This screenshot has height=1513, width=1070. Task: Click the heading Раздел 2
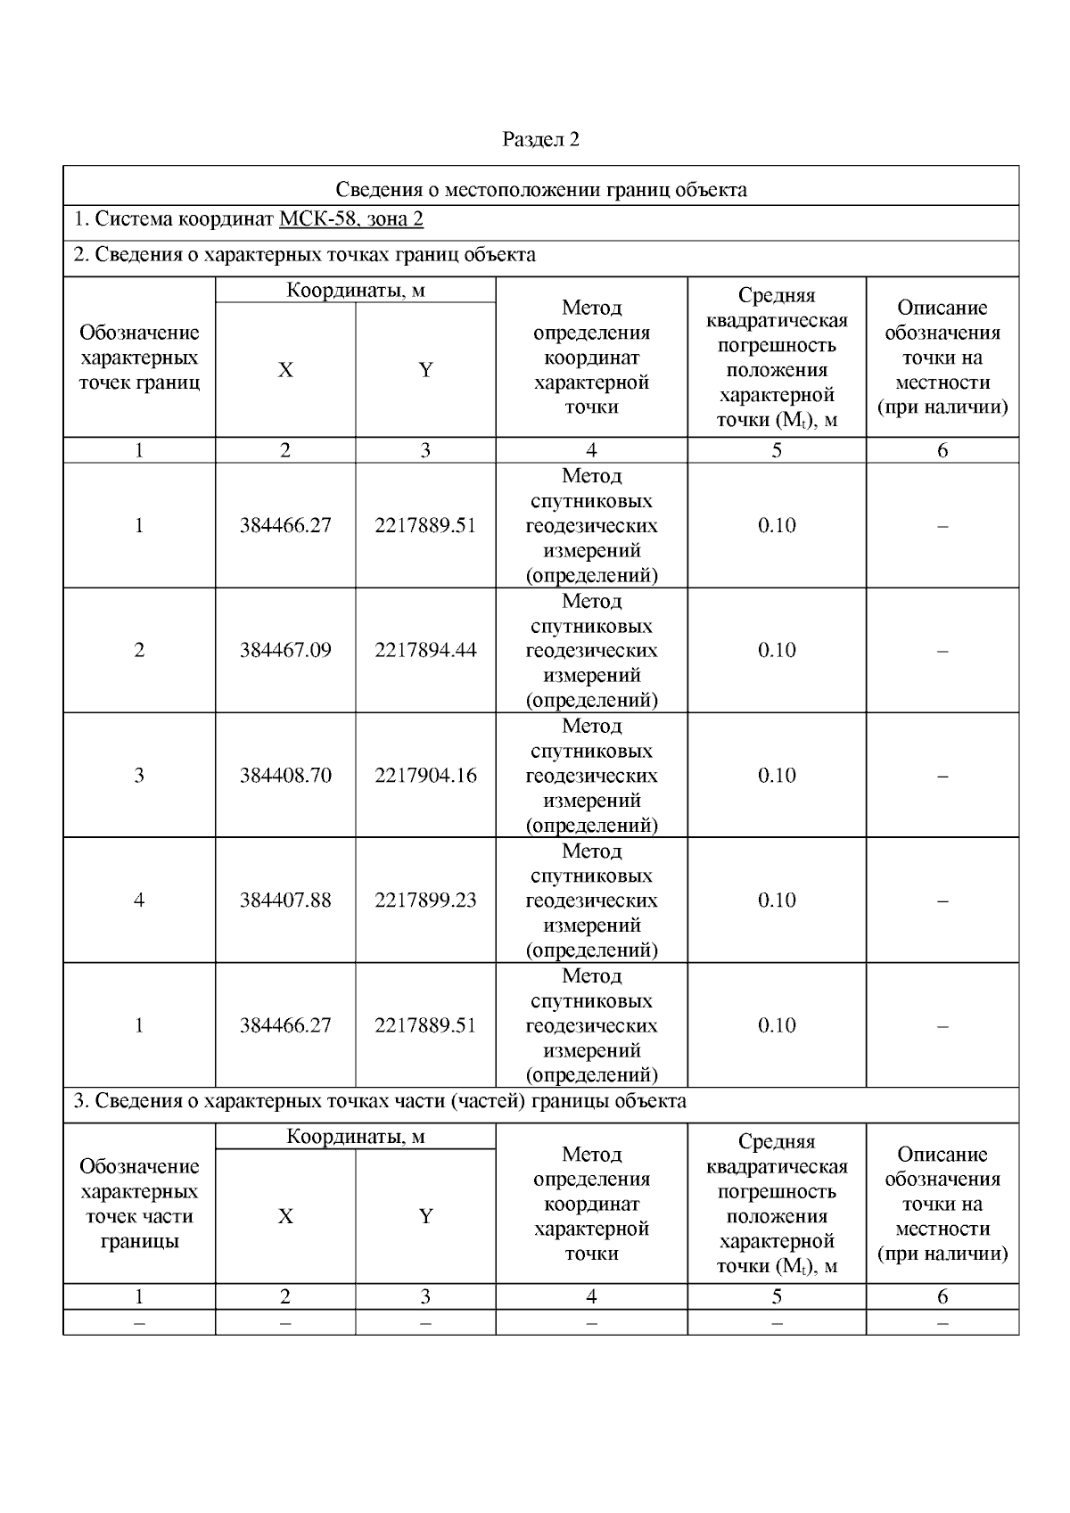[540, 139]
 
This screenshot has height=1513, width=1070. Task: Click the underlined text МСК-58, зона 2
[350, 220]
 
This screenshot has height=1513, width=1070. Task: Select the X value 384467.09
[285, 650]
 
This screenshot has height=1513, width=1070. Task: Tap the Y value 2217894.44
[425, 650]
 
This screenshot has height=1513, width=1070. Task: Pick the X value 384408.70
[285, 775]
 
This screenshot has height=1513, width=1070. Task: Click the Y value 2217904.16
[425, 775]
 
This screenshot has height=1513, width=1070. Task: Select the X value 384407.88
[285, 900]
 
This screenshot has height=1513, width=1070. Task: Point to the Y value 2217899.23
[425, 900]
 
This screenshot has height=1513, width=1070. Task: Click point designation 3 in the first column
[139, 775]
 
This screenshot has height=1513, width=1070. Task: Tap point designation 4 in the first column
[139, 900]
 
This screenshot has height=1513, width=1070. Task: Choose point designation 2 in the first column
[139, 650]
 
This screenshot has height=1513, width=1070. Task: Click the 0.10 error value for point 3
[777, 775]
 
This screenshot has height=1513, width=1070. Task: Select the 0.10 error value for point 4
[777, 900]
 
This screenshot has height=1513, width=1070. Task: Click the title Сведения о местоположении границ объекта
[540, 189]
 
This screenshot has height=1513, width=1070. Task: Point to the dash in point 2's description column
[942, 650]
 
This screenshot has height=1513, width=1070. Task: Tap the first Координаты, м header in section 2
[355, 290]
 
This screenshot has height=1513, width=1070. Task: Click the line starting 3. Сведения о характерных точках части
[380, 1101]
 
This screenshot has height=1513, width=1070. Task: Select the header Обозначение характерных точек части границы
[139, 1204]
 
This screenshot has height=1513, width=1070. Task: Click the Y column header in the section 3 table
[425, 1216]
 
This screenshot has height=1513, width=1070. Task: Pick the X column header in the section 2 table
[285, 370]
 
